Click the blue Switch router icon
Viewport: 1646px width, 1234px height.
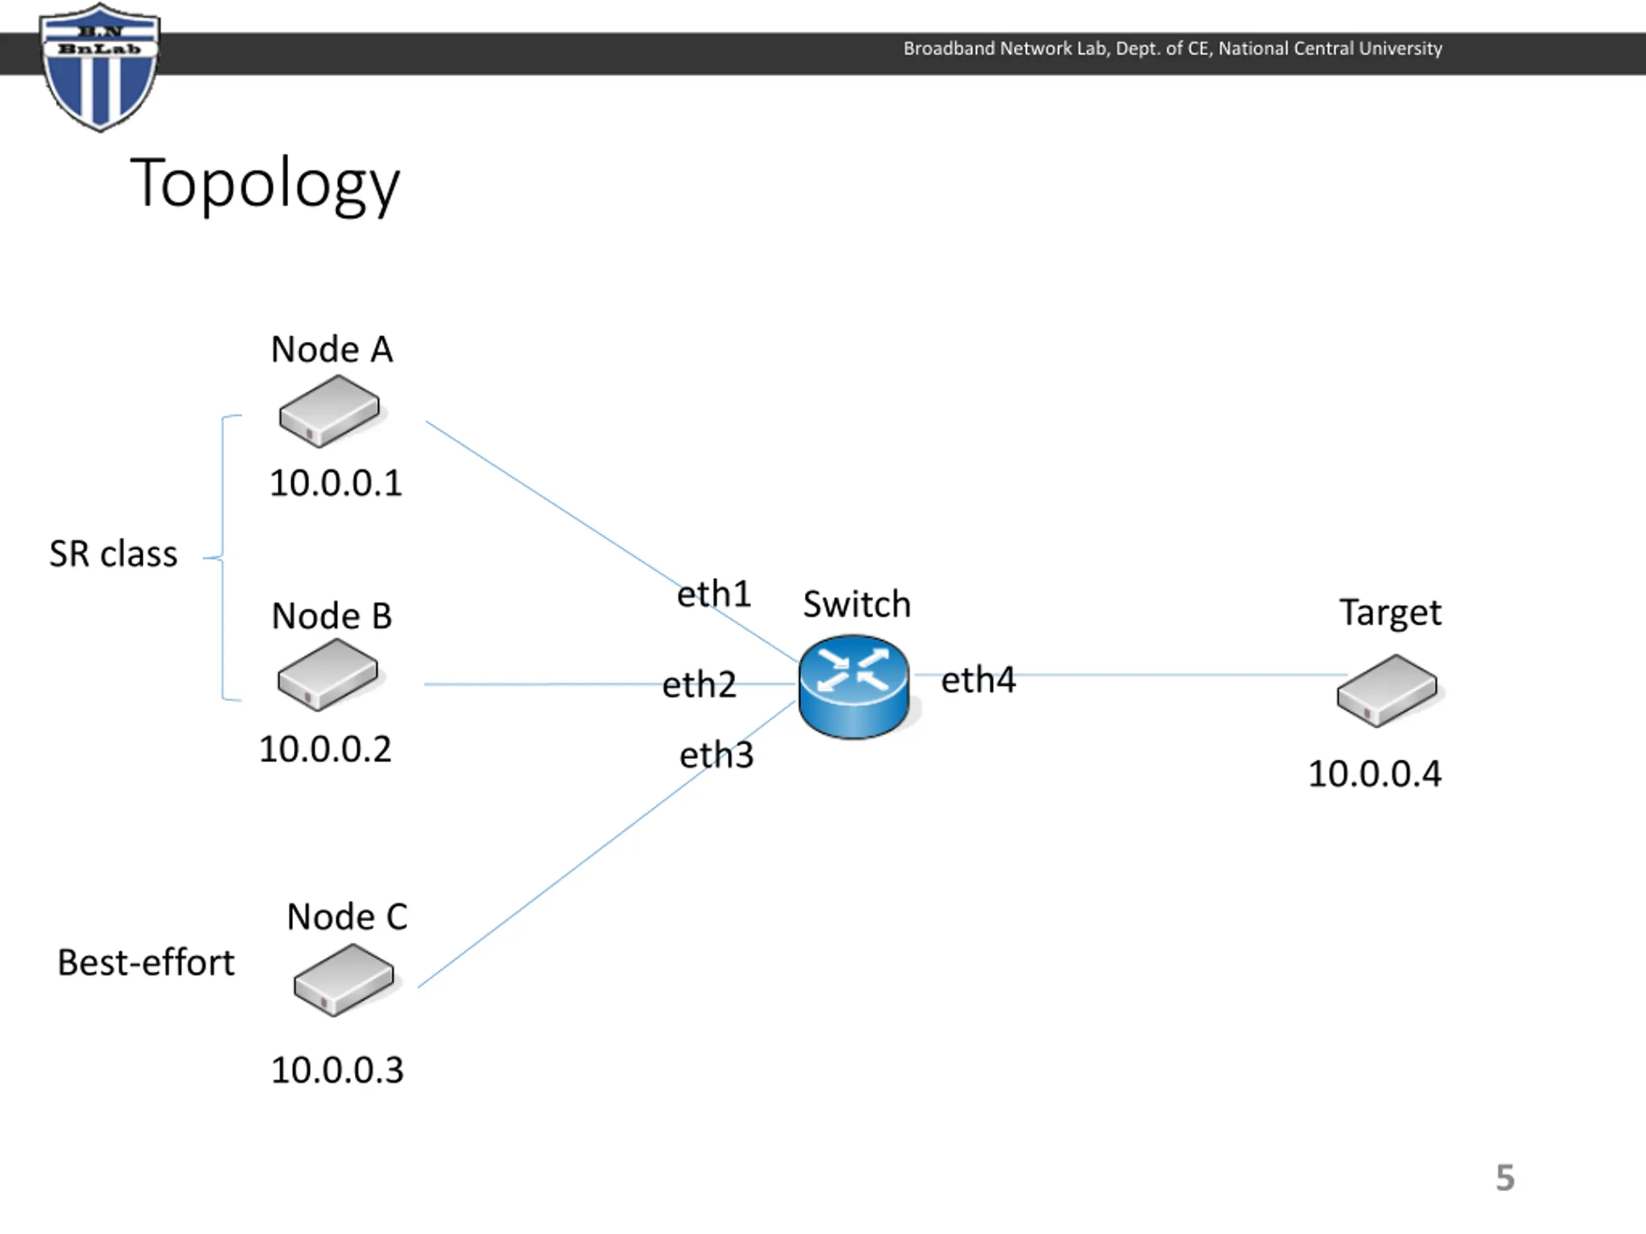coord(855,686)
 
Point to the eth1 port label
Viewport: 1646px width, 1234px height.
coord(714,594)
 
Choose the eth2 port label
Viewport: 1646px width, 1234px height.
coord(700,684)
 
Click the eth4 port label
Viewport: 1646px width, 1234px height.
coord(979,680)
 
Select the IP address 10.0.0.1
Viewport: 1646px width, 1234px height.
coord(336,483)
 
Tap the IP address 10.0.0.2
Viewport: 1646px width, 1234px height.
coord(325,749)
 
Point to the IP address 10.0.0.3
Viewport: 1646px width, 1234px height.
coord(337,1070)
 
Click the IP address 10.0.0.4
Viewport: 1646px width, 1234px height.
coord(1375,774)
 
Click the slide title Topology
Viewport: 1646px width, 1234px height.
coord(265,184)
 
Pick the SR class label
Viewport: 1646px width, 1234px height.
coord(113,554)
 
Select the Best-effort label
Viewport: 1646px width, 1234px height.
coord(146,963)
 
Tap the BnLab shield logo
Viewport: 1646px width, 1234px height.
coord(100,67)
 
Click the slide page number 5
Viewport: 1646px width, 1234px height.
coord(1505,1178)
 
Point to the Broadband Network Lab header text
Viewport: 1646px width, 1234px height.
coord(1173,48)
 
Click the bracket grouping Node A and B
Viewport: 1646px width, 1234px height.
coord(222,557)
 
